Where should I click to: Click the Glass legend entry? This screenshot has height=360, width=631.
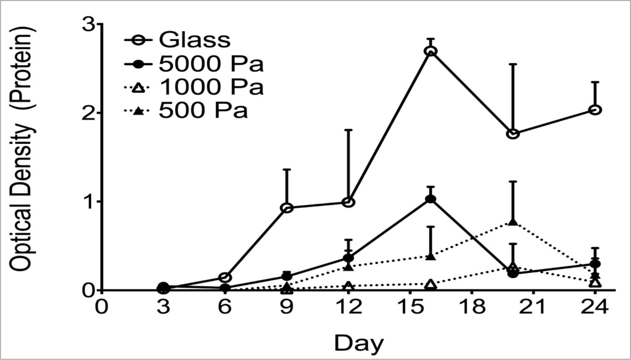click(x=194, y=41)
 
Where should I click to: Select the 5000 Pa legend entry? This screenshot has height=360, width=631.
click(x=210, y=65)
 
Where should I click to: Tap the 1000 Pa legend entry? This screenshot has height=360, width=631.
click(x=210, y=88)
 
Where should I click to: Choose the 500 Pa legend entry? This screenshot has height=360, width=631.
click(x=202, y=112)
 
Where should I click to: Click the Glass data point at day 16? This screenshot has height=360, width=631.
click(x=431, y=51)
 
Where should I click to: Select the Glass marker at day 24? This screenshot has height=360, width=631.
click(x=595, y=110)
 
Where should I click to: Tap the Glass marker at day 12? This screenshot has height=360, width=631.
click(x=348, y=202)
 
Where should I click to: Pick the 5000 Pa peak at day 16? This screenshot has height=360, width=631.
click(x=431, y=199)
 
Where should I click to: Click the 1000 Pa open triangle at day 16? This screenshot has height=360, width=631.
click(x=431, y=284)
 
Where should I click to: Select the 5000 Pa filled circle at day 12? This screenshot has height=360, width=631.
click(x=348, y=258)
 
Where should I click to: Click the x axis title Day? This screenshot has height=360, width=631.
click(x=359, y=343)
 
